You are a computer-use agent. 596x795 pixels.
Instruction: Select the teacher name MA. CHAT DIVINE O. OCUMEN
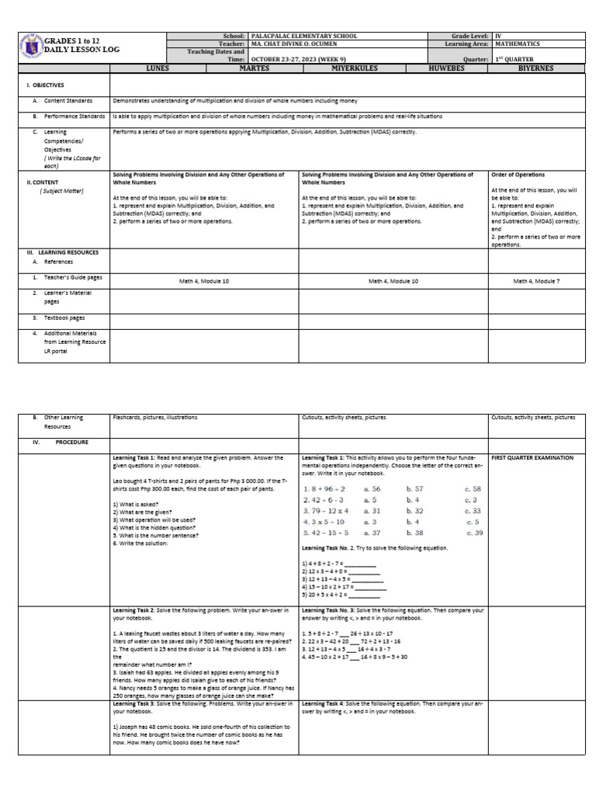tap(299, 44)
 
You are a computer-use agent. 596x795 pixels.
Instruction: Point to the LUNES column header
tap(157, 68)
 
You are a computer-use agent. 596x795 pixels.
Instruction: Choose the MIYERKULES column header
tap(345, 68)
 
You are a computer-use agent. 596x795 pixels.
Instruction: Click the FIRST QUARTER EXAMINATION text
tap(532, 458)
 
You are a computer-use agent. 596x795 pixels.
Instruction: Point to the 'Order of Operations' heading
tap(518, 175)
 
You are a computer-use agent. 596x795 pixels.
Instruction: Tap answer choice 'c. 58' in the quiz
tap(473, 489)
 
